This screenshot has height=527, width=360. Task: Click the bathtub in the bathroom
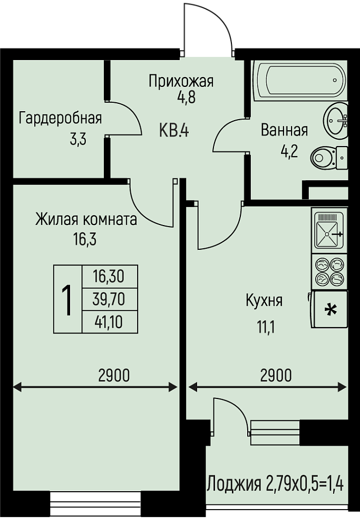click(x=301, y=80)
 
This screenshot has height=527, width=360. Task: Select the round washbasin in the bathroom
click(x=336, y=120)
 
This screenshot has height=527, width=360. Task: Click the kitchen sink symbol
click(x=328, y=230)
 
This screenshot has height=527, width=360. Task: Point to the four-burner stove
click(x=329, y=271)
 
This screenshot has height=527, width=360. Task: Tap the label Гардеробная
click(x=60, y=119)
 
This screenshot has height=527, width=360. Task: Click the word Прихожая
click(x=181, y=81)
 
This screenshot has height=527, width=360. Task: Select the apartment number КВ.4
click(x=174, y=130)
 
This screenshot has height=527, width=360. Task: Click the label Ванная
click(x=285, y=130)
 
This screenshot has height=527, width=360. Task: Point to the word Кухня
click(x=264, y=301)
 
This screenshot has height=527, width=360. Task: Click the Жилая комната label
click(x=86, y=220)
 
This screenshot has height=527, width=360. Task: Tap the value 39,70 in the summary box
click(x=109, y=299)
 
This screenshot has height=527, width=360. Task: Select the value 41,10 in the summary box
click(x=109, y=322)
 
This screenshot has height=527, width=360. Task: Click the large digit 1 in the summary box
click(x=67, y=299)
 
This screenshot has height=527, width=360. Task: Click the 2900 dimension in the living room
click(x=114, y=375)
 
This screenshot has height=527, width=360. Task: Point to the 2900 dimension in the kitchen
click(x=276, y=375)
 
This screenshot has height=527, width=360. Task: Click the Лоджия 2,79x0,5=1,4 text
click(x=276, y=484)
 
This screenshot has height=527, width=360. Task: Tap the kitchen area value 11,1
click(x=266, y=327)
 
